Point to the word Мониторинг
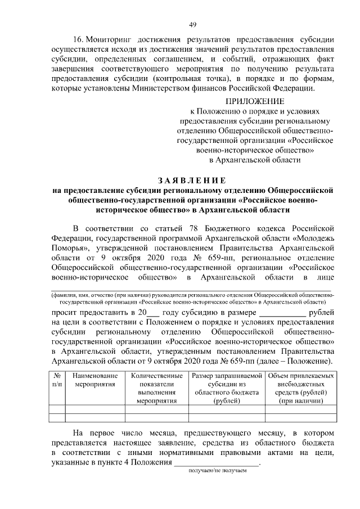click(112, 40)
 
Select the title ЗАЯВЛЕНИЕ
click(192, 180)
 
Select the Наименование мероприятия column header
click(94, 380)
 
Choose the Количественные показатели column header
click(156, 388)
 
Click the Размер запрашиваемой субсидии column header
click(227, 388)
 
